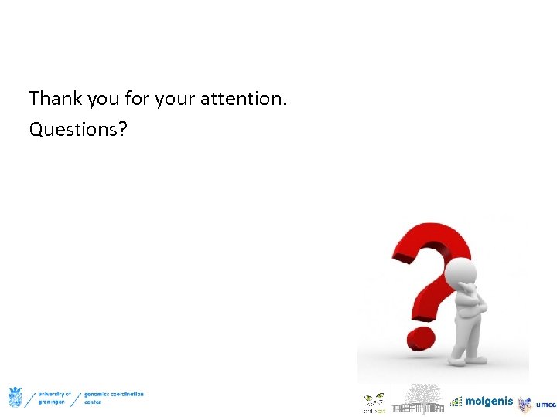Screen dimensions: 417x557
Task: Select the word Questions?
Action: point(78,130)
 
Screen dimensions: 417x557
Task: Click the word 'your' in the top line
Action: point(176,99)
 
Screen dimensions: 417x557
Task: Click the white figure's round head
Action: point(463,272)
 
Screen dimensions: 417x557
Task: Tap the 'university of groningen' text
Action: point(54,398)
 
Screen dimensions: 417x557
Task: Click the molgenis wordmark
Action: point(489,402)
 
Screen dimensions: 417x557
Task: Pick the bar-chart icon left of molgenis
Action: point(456,402)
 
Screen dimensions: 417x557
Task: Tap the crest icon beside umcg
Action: point(526,404)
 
